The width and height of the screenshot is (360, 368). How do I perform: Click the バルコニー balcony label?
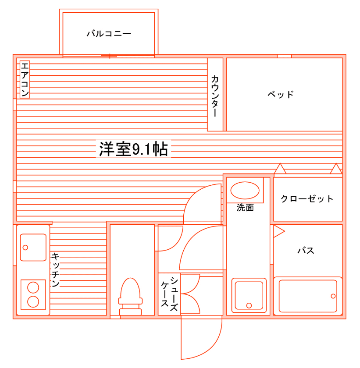(x=109, y=33)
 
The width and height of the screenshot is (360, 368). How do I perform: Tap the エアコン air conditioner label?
(x=25, y=79)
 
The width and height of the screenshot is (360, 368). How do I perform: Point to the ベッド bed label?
(x=281, y=94)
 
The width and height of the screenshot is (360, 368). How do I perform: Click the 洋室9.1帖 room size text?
(x=133, y=149)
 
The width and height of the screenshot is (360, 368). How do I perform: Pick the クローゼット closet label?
(x=307, y=199)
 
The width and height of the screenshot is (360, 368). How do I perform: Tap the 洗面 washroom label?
(x=245, y=208)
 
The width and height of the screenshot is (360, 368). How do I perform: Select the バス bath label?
(x=306, y=251)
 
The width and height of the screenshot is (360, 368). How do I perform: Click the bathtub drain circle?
(x=334, y=296)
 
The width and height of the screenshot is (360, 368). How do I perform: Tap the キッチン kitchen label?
(x=55, y=269)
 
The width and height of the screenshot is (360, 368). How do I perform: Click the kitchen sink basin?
(x=33, y=248)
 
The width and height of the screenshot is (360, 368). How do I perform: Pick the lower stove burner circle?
(x=33, y=301)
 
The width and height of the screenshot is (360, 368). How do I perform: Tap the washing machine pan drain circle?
(x=249, y=305)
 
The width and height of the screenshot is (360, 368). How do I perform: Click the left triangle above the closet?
(x=280, y=169)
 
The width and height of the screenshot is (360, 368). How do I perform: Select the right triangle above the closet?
(x=336, y=169)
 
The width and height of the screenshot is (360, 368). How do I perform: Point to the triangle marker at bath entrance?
(x=278, y=231)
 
